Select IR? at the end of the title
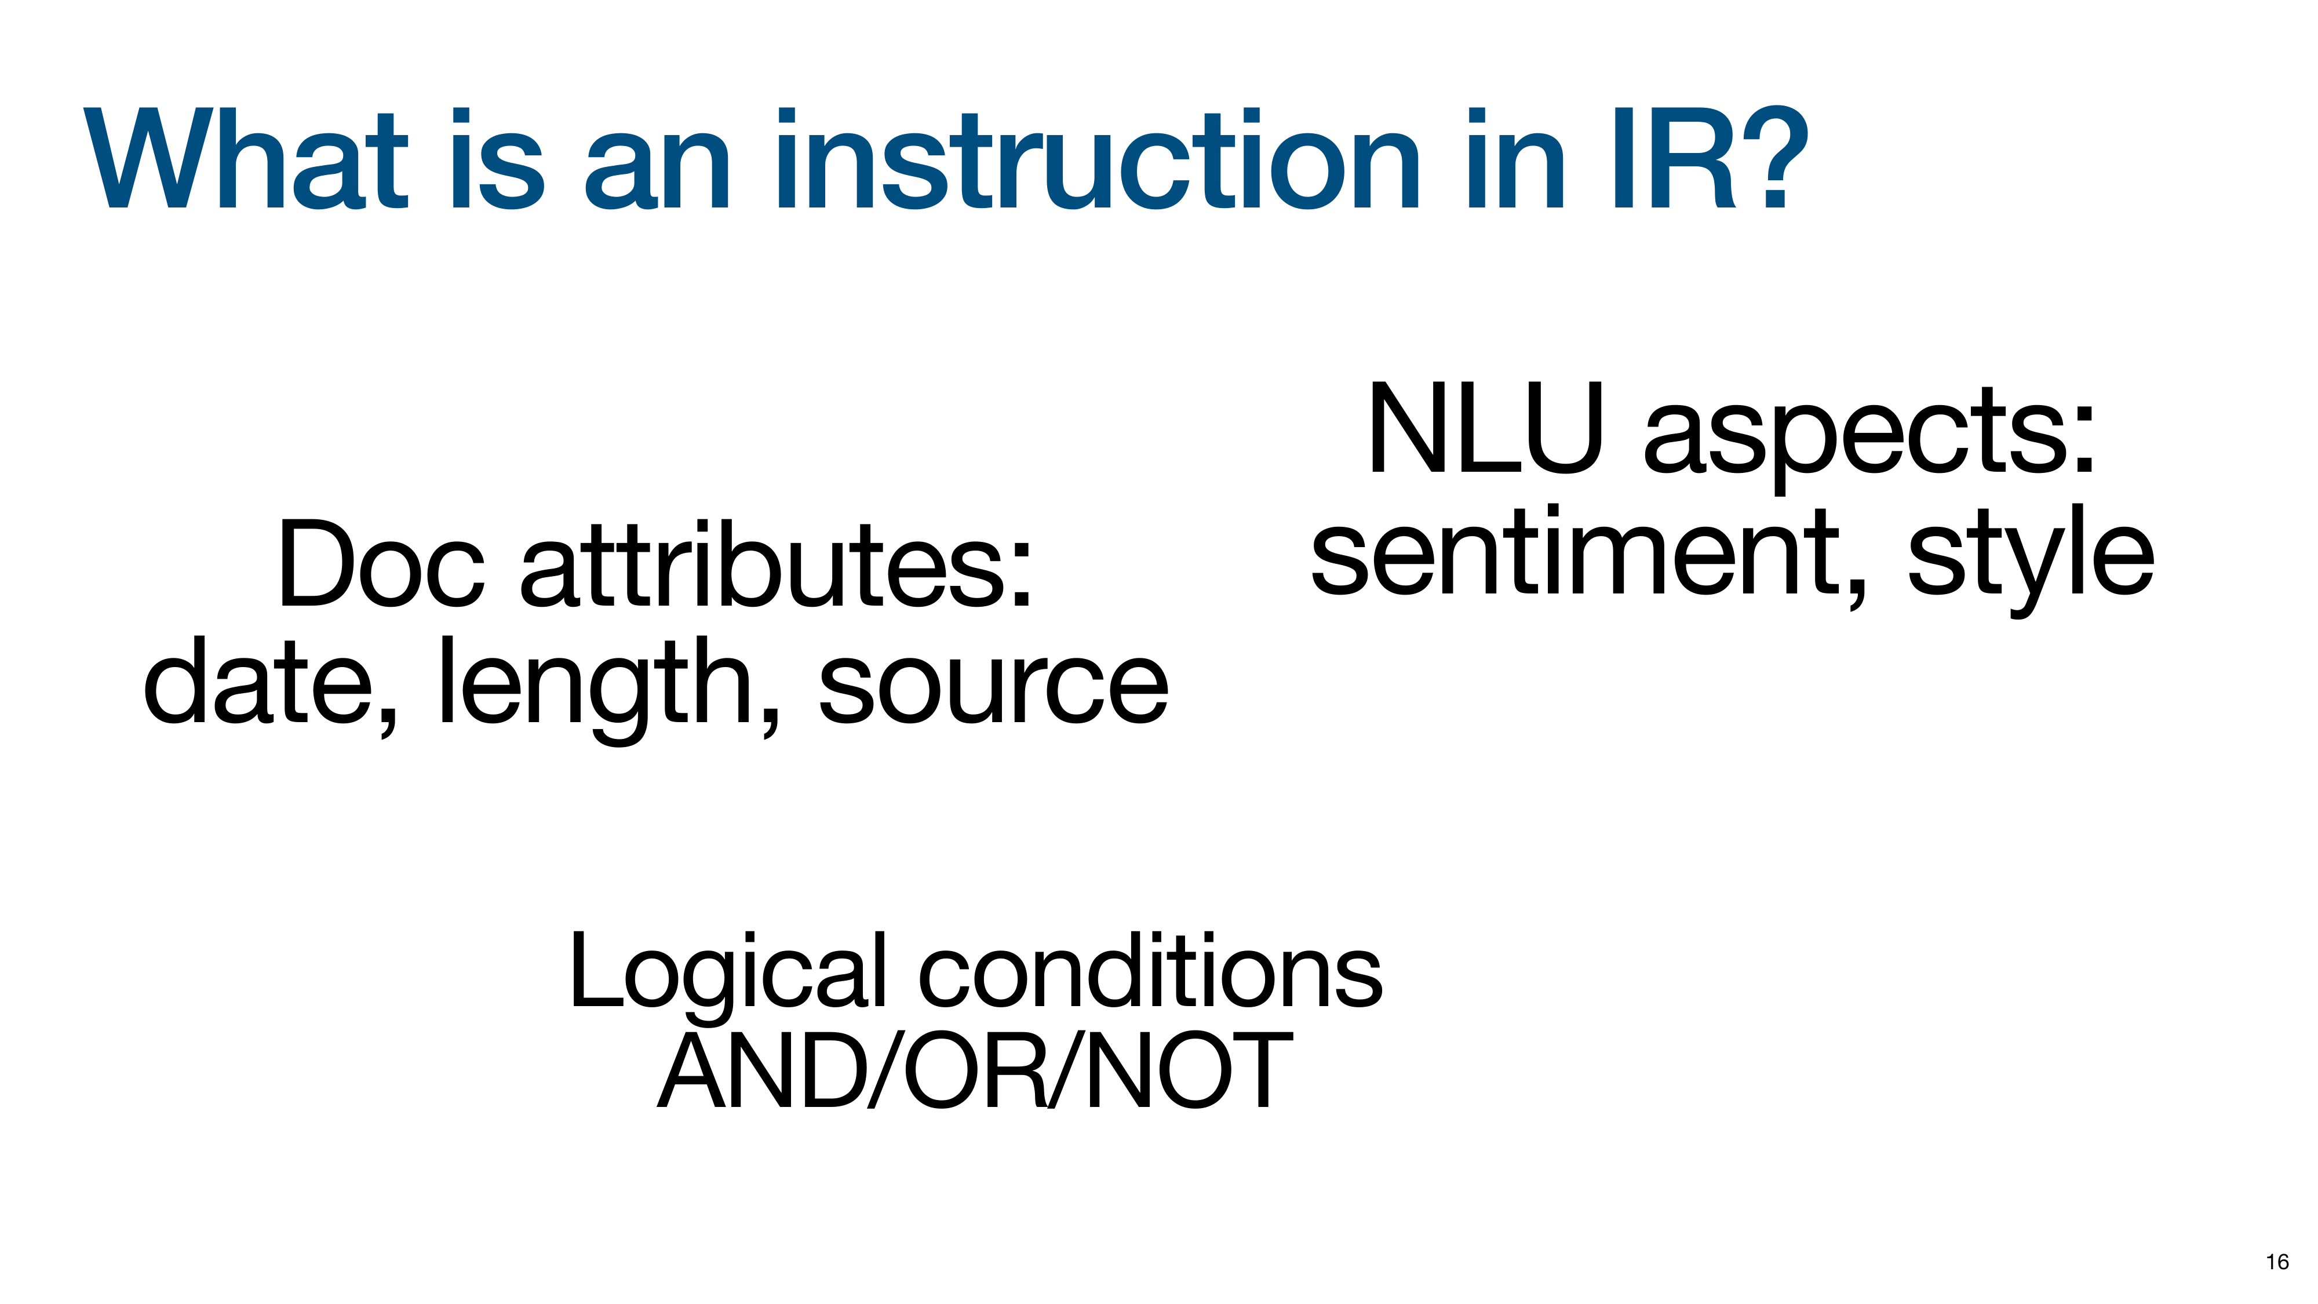pyautogui.click(x=1710, y=159)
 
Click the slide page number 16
pyautogui.click(x=2277, y=1262)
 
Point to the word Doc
pyautogui.click(x=381, y=563)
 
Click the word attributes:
pyautogui.click(x=776, y=563)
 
